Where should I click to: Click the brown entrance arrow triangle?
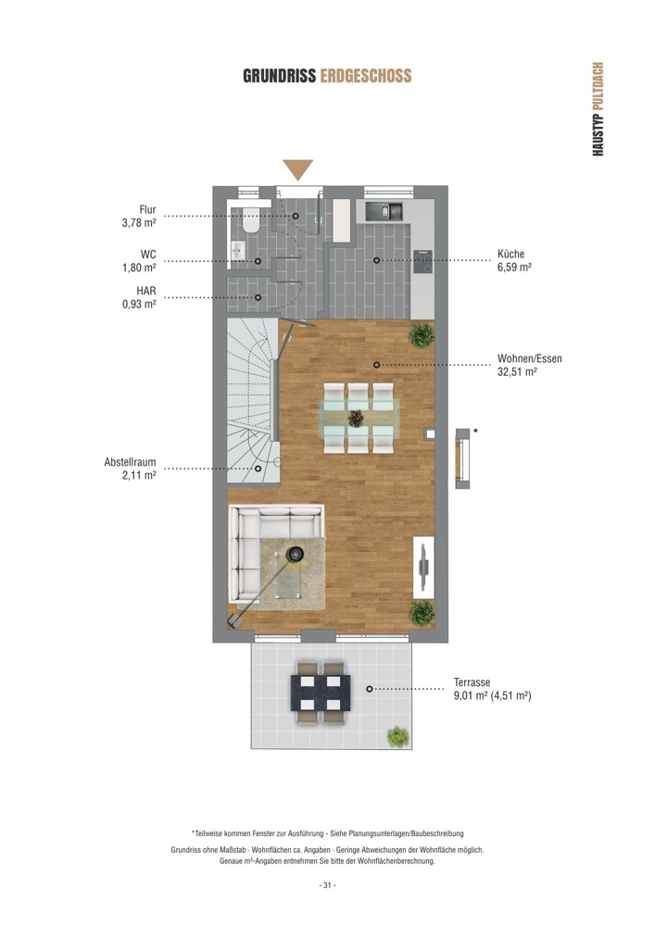(297, 169)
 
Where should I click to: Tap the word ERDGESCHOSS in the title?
(366, 76)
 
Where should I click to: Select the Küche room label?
(510, 254)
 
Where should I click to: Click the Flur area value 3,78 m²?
(139, 222)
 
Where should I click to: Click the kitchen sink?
(384, 211)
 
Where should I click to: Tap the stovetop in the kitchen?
(423, 262)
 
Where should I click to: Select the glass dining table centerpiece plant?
(356, 419)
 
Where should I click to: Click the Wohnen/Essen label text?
(530, 358)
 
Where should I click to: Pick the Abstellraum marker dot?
(258, 469)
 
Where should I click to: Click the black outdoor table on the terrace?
(321, 693)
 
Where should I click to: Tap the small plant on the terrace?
(397, 736)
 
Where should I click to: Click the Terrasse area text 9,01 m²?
(470, 695)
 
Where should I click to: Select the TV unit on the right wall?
(423, 567)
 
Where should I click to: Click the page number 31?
(327, 885)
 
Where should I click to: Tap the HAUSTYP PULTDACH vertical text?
(598, 109)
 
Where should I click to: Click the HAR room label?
(145, 291)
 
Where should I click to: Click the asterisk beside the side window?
(476, 432)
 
